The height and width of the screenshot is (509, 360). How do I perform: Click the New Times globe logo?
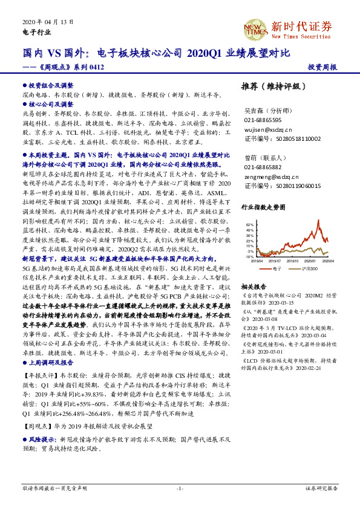[254, 27]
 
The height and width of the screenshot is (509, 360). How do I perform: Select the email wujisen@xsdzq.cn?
[268, 129]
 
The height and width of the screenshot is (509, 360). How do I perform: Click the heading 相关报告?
[254, 286]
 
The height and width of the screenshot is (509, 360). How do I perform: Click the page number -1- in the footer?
[179, 487]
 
